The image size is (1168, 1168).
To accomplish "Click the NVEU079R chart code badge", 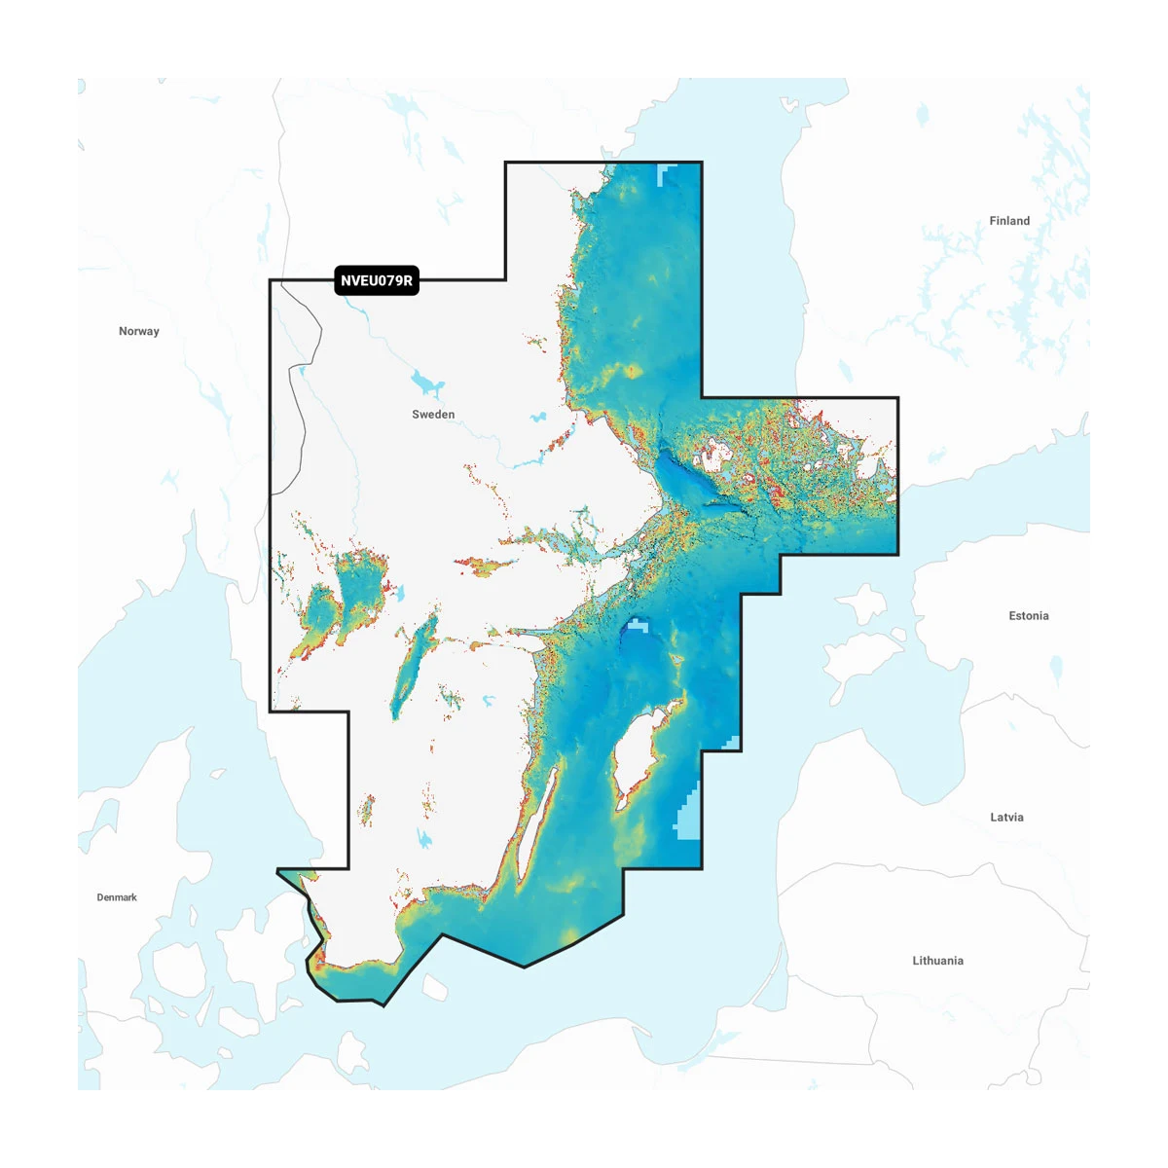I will tap(377, 280).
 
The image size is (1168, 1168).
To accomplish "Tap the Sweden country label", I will tap(433, 415).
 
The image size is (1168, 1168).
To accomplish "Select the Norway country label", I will tap(139, 331).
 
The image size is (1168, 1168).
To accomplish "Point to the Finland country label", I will tap(1009, 221).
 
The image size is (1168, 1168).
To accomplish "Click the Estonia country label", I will tap(1029, 616).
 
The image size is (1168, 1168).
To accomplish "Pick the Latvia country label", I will tap(1006, 818).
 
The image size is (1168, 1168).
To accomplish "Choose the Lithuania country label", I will tap(937, 961).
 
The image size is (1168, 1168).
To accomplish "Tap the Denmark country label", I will tap(117, 897).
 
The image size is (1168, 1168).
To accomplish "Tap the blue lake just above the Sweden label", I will tap(426, 382).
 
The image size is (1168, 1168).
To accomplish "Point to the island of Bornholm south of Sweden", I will tap(434, 987).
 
